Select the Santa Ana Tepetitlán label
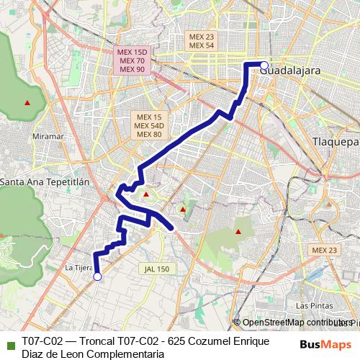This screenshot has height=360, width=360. pyautogui.click(x=44, y=182)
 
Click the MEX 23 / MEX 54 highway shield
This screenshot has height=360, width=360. pyautogui.click(x=202, y=40)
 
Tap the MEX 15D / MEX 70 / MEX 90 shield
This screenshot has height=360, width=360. pyautogui.click(x=132, y=60)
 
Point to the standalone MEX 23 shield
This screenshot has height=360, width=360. pyautogui.click(x=323, y=249)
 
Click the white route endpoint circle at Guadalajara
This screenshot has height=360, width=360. pyautogui.click(x=264, y=65)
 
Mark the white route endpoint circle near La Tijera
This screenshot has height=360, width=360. pyautogui.click(x=97, y=276)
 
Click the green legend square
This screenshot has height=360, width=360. pyautogui.click(x=9, y=343)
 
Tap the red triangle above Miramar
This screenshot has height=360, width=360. pyautogui.click(x=27, y=102)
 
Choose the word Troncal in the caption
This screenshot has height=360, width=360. pyautogui.click(x=91, y=341)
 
